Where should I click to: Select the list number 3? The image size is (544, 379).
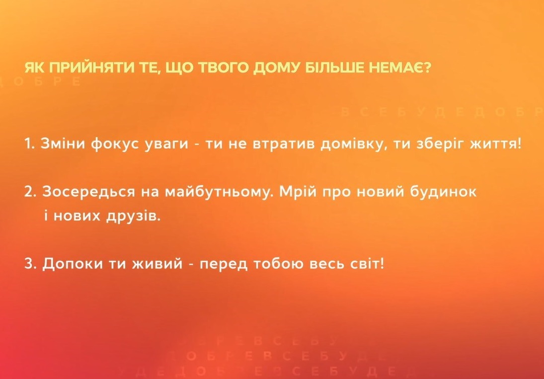pyautogui.click(x=29, y=263)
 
